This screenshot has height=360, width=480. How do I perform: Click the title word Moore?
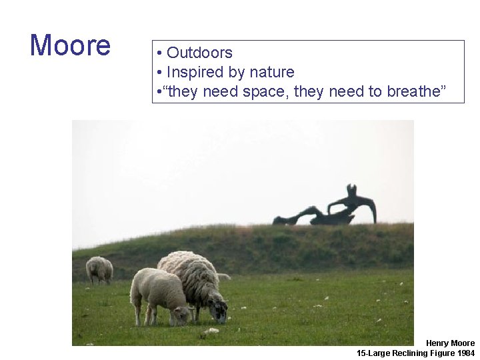(x=70, y=45)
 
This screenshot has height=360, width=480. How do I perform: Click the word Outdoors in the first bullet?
(x=199, y=53)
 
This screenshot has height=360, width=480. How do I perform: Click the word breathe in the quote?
(x=411, y=91)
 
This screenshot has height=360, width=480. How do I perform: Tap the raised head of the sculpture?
(x=352, y=189)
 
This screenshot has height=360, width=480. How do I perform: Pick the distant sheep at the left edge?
(x=99, y=269)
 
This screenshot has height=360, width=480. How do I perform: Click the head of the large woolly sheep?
(x=217, y=308)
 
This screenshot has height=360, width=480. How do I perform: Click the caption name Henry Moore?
(x=451, y=343)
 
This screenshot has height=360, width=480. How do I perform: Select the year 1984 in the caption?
(x=467, y=353)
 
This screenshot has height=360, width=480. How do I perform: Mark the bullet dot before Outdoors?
(x=160, y=53)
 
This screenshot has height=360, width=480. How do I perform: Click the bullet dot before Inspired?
(x=160, y=73)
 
